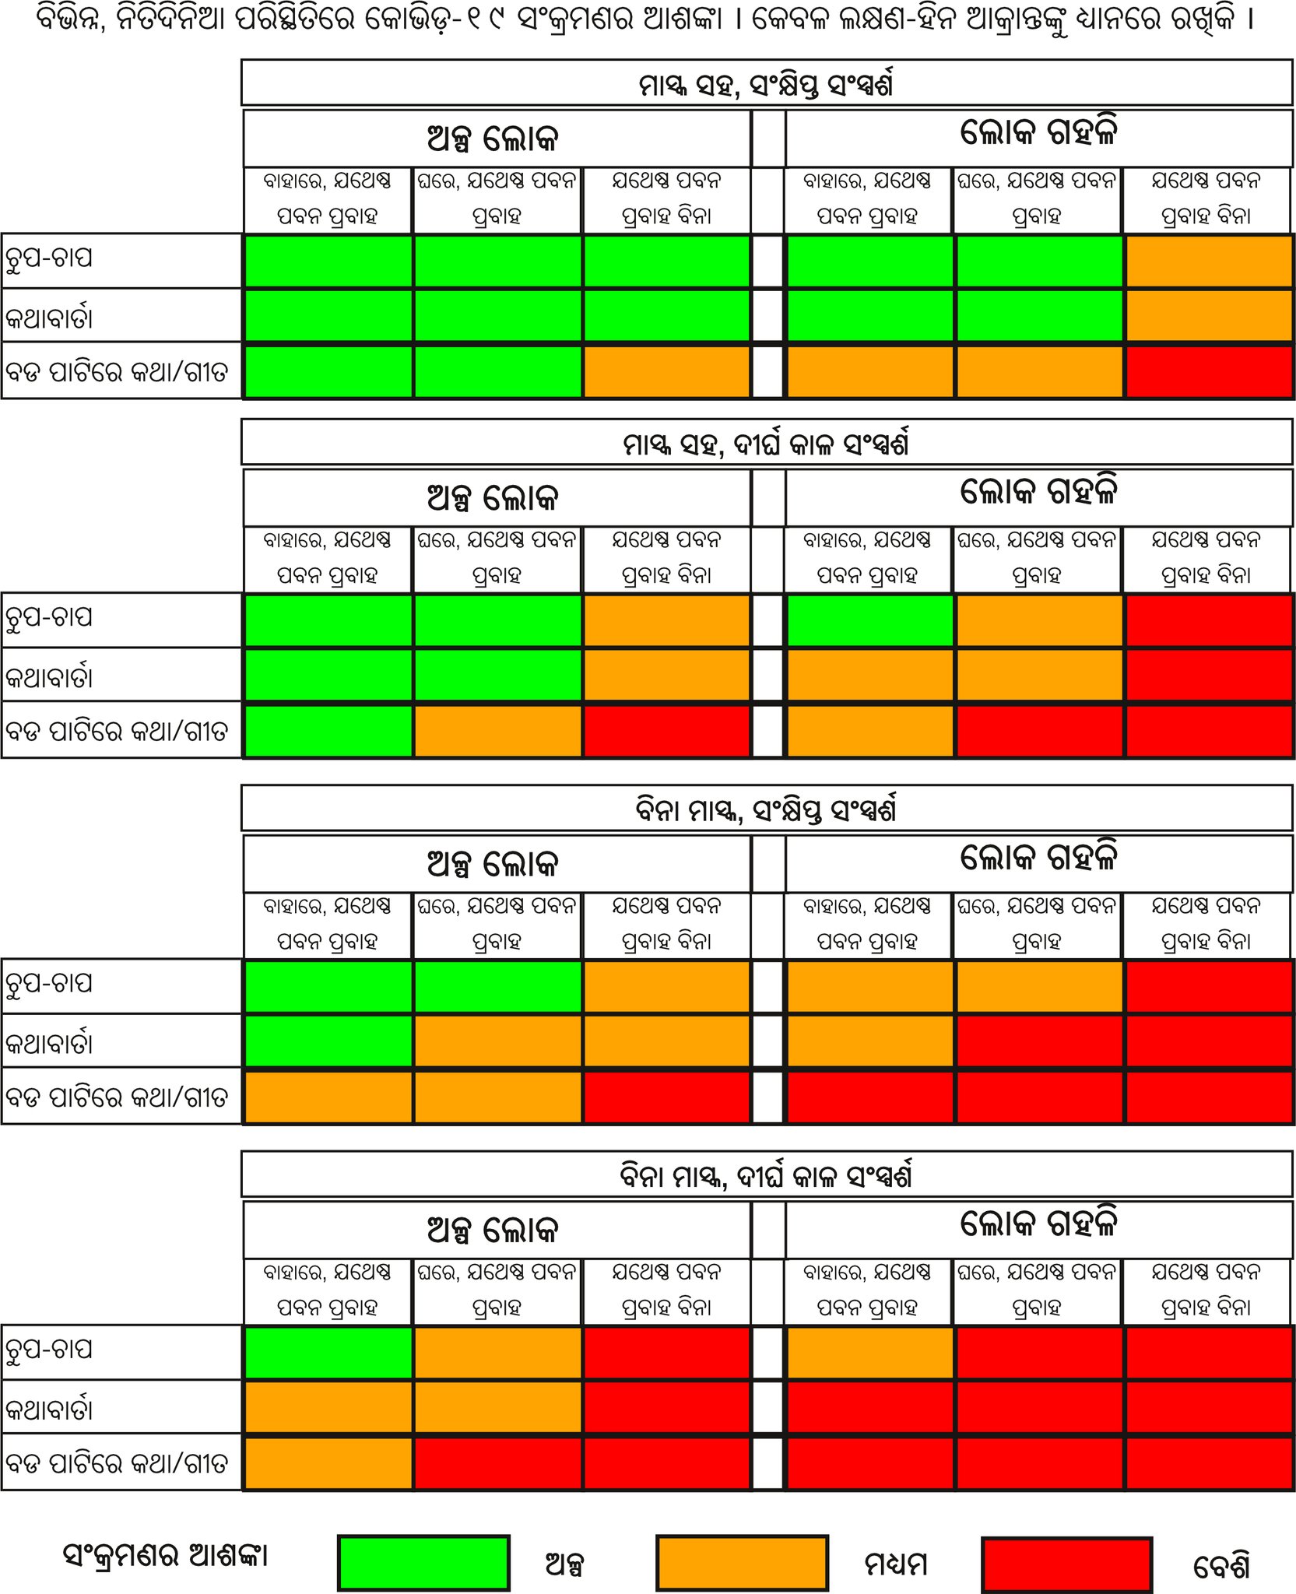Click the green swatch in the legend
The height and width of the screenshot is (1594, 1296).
pyautogui.click(x=423, y=1562)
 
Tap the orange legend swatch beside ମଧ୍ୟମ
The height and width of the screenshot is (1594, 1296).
pyautogui.click(x=742, y=1562)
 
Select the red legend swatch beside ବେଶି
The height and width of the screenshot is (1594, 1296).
pyautogui.click(x=1066, y=1564)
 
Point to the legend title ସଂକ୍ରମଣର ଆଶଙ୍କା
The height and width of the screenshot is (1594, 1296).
pyautogui.click(x=166, y=1556)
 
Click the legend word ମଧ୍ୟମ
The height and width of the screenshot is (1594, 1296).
pyautogui.click(x=896, y=1564)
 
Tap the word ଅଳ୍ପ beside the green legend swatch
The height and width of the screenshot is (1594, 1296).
pyautogui.click(x=565, y=1564)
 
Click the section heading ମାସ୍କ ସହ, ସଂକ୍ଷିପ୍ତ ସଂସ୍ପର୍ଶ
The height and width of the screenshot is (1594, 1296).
pyautogui.click(x=766, y=83)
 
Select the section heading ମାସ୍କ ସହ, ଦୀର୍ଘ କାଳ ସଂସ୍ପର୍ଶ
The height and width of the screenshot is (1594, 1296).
pyautogui.click(x=766, y=443)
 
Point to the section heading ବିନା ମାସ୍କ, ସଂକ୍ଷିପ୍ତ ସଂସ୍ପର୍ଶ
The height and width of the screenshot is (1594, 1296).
pyautogui.click(x=766, y=809)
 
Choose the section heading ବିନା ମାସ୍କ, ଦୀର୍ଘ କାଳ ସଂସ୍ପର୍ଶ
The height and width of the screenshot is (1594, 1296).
pyautogui.click(x=766, y=1175)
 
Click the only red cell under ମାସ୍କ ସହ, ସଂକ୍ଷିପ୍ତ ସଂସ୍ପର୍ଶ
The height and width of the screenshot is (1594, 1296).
pyautogui.click(x=1209, y=372)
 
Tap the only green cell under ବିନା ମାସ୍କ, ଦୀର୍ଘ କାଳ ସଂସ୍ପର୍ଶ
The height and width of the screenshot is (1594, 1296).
pyautogui.click(x=328, y=1352)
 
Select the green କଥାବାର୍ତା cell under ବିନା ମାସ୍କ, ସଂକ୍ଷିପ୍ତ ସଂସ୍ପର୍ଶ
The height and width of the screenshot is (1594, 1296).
pyautogui.click(x=328, y=1041)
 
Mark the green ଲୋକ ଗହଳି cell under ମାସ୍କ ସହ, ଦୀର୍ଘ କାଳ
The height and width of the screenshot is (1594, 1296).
pyautogui.click(x=869, y=620)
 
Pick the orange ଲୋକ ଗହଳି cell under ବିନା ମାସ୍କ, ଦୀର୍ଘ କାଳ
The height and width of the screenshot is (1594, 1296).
pyautogui.click(x=869, y=1352)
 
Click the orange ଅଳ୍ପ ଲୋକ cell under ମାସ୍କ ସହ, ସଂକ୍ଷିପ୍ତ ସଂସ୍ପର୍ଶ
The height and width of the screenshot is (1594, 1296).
pyautogui.click(x=666, y=372)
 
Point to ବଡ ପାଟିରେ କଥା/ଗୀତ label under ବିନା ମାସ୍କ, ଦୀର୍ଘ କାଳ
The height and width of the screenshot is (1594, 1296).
pyautogui.click(x=117, y=1462)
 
